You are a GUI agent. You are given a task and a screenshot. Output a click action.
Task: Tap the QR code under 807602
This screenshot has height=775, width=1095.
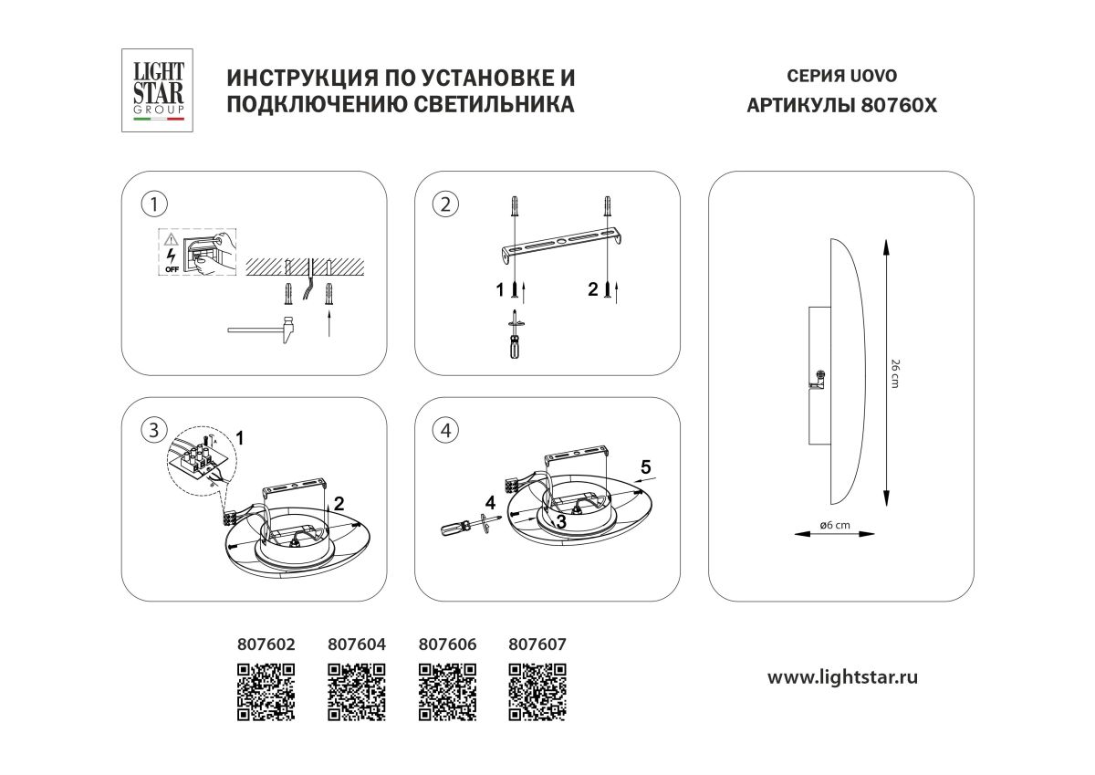pos(266,692)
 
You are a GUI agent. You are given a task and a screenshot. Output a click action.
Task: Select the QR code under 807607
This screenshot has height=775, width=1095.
pos(537,692)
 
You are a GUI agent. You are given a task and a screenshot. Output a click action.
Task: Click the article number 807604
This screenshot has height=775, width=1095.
pos(356,644)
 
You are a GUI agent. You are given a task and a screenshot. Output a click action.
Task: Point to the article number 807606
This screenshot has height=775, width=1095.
pos(446,644)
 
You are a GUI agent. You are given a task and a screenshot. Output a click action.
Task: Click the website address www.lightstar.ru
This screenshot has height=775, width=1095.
pos(841,677)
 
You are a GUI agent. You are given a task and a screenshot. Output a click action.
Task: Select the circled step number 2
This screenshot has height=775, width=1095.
pos(444,204)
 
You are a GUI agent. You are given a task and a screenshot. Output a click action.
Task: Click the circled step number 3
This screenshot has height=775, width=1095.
pos(154,429)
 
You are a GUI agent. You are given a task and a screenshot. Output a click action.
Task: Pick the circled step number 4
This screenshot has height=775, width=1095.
pos(444,431)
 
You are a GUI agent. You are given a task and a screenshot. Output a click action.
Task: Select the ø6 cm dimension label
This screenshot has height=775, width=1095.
pos(835,526)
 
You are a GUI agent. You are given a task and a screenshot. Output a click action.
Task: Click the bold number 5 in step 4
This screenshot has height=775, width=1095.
pos(644,466)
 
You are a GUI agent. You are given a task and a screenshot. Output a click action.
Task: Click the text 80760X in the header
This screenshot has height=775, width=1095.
pos(898,105)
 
